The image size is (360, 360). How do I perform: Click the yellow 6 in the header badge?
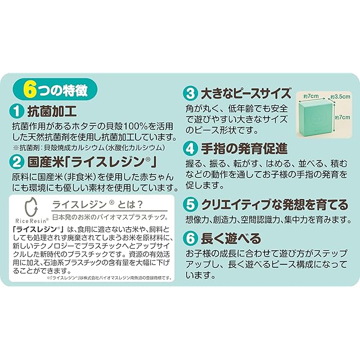[30, 89]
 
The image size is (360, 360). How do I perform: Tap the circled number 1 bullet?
[17, 111]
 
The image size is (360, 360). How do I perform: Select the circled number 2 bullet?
[17, 163]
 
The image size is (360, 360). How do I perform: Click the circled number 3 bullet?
[191, 93]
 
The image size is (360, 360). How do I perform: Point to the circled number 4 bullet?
[191, 148]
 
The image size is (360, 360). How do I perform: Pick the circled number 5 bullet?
[191, 205]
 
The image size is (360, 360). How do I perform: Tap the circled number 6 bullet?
[191, 238]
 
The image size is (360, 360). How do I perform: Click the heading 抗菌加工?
[52, 111]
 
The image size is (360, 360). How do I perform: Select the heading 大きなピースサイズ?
[246, 93]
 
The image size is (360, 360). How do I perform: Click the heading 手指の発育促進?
[244, 148]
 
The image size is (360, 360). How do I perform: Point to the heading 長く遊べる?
[231, 238]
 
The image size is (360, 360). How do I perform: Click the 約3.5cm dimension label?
[340, 97]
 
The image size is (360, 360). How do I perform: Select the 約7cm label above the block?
[311, 96]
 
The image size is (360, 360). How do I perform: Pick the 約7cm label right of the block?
[343, 118]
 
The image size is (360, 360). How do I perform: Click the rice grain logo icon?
[31, 207]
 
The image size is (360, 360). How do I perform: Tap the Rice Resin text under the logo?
[32, 220]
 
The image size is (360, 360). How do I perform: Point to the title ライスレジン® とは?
[98, 204]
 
